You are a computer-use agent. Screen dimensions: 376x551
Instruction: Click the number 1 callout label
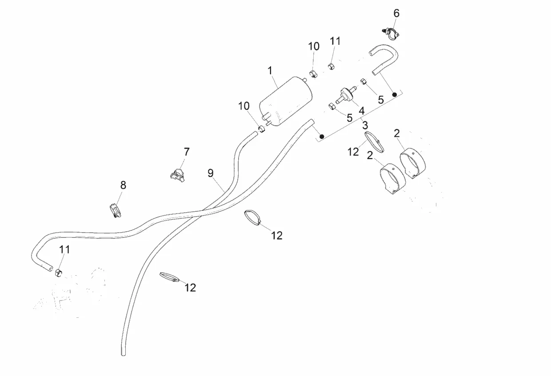(x=270, y=70)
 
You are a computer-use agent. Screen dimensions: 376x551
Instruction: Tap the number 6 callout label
(x=396, y=13)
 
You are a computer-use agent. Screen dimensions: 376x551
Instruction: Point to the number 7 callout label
(x=186, y=152)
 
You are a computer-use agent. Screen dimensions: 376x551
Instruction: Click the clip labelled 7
(x=178, y=173)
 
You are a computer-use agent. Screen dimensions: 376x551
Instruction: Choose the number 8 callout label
(x=123, y=185)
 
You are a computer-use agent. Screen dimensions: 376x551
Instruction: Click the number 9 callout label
(x=211, y=173)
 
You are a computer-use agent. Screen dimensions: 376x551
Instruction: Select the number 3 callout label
(x=365, y=125)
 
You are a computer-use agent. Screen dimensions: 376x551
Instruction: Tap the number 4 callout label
(x=362, y=110)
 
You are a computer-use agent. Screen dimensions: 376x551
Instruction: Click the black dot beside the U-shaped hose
(x=394, y=94)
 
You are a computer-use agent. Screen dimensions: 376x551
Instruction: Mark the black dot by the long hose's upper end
(x=322, y=136)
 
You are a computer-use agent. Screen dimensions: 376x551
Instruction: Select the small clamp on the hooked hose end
(x=58, y=272)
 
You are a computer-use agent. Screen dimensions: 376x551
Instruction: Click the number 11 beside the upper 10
(x=335, y=41)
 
